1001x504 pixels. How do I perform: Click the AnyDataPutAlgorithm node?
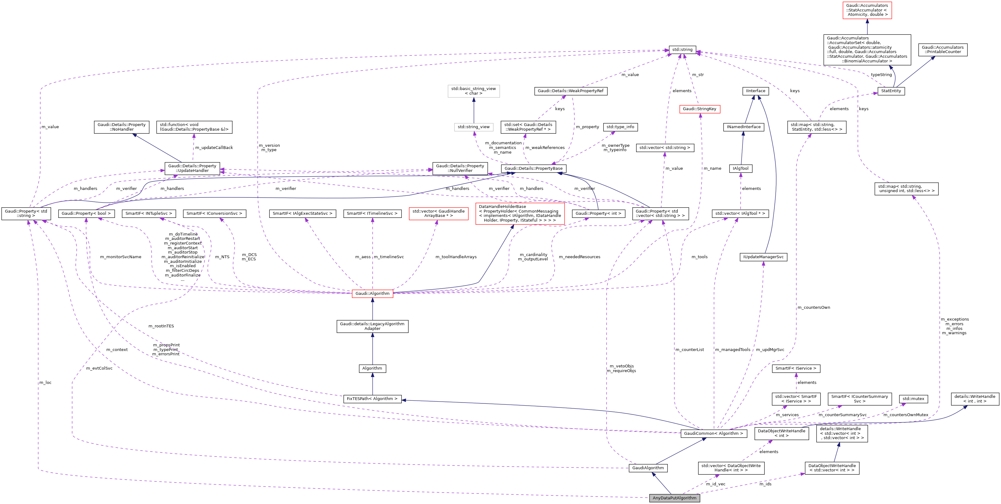(674, 498)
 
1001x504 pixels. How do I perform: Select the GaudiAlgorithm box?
(648, 468)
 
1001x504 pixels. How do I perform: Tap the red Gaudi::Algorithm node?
(372, 293)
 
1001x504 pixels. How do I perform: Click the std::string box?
(682, 49)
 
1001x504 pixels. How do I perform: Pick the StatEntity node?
(891, 91)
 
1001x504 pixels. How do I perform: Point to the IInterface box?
(755, 91)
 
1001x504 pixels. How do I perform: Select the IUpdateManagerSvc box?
(763, 257)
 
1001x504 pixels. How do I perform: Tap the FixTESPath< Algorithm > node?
(372, 398)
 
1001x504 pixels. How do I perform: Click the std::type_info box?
(620, 127)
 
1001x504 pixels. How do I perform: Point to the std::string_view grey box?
(473, 127)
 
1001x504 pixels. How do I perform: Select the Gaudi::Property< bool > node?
(86, 213)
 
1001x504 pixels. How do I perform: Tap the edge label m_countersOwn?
(814, 307)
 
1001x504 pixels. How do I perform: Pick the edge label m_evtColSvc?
(99, 368)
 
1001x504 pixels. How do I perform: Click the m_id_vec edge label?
(715, 484)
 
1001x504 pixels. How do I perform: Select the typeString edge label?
(881, 75)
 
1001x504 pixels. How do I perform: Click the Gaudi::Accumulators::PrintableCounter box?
(942, 49)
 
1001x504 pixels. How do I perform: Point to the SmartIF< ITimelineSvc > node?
(372, 213)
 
